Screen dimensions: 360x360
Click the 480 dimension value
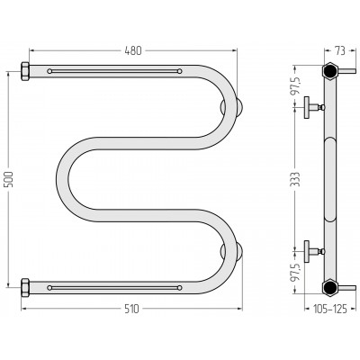[x=132, y=50]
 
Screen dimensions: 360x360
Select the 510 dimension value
[x=132, y=309]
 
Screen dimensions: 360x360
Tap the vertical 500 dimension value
[x=9, y=179]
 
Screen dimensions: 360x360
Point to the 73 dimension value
[x=340, y=50]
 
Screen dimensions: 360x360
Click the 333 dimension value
[x=296, y=179]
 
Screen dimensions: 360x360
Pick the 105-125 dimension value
[x=330, y=309]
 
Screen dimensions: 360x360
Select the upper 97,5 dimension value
[x=296, y=85]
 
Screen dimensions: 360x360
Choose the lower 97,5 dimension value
[x=296, y=273]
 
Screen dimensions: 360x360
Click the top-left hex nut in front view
[x=25, y=71]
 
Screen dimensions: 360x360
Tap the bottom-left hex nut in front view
[x=25, y=288]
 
